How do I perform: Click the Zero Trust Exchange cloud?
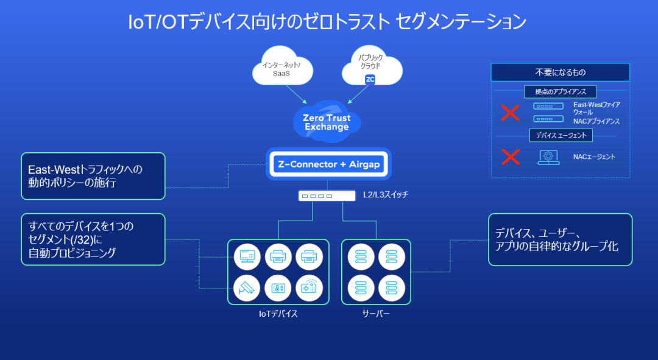pos(327,121)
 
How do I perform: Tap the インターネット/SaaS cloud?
pos(282,68)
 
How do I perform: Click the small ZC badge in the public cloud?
pos(370,80)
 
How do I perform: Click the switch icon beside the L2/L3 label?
pos(327,196)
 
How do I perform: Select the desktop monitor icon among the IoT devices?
pos(247,256)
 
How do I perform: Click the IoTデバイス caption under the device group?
pos(278,314)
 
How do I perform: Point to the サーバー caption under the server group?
pos(376,314)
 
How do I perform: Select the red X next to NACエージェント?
pos(510,157)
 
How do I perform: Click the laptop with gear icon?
pos(548,157)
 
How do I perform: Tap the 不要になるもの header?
pos(560,72)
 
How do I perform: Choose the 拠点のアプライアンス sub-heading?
pos(561,91)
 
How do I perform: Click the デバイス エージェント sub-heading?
pos(561,135)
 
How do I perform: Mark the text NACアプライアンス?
pos(596,121)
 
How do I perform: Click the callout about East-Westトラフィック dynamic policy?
pos(93,176)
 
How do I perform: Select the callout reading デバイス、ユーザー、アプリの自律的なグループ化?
pos(560,239)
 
